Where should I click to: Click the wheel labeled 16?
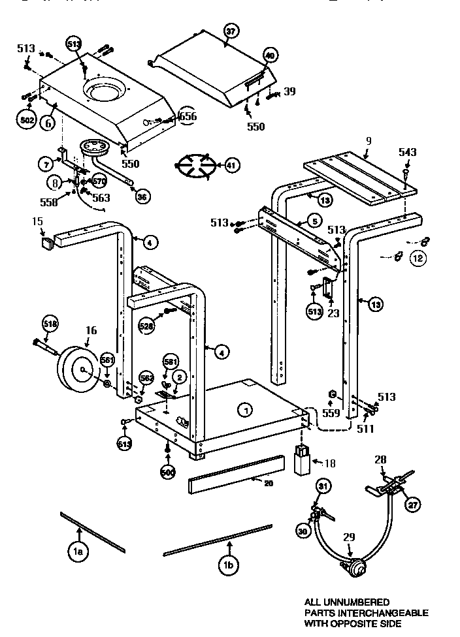[79, 369]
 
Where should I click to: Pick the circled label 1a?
[78, 552]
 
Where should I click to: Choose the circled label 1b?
[228, 566]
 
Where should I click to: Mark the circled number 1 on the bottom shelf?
[245, 410]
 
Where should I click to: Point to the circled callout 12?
[418, 258]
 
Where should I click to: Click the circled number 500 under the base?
[168, 471]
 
